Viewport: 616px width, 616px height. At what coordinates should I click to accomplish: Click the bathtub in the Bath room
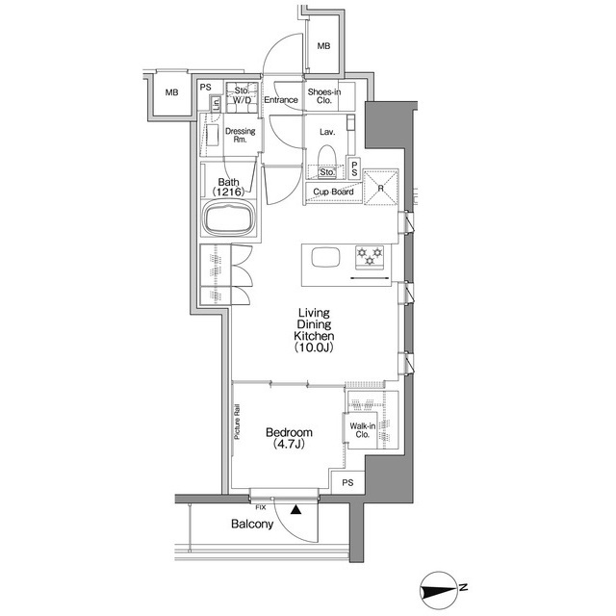click(x=228, y=219)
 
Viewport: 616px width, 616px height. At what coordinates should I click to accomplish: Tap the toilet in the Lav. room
click(x=327, y=159)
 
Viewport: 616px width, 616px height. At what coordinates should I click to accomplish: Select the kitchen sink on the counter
click(x=325, y=258)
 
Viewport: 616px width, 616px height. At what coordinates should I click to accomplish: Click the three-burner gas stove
click(x=370, y=258)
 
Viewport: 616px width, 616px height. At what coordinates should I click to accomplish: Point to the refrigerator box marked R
click(x=381, y=187)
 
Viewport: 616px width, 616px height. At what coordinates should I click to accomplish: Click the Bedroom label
click(x=289, y=432)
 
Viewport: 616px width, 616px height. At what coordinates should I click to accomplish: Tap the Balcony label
click(x=252, y=524)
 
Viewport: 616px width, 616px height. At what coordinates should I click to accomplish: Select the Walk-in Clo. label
click(x=363, y=430)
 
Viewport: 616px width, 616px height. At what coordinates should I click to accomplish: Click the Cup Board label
click(x=333, y=192)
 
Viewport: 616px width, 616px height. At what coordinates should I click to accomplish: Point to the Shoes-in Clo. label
click(x=324, y=96)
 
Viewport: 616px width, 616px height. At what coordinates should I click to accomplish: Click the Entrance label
click(x=281, y=100)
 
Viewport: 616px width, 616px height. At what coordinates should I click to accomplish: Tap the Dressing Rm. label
click(x=240, y=135)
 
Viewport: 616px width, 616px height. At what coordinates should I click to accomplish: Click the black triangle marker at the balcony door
click(x=295, y=510)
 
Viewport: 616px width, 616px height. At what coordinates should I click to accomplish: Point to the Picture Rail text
click(x=237, y=422)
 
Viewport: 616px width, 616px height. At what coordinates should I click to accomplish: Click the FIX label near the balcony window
click(x=261, y=507)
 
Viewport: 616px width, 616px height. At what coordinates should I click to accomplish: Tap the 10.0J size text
click(x=314, y=347)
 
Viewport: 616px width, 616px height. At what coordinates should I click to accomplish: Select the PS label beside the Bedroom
click(x=347, y=482)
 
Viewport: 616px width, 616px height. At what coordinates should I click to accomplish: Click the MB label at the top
click(x=323, y=46)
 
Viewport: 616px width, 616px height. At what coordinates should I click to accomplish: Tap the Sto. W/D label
click(x=242, y=95)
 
